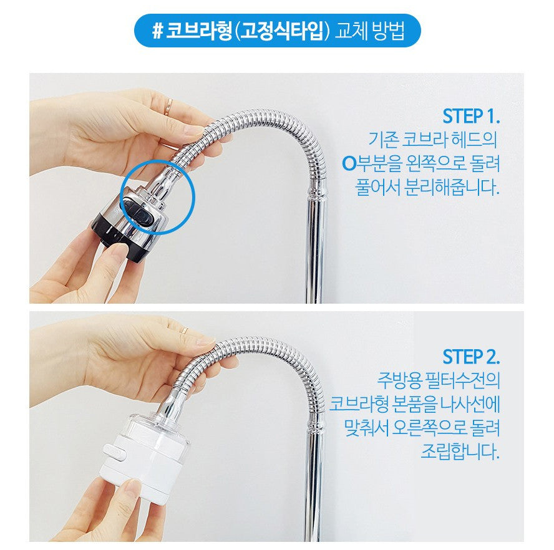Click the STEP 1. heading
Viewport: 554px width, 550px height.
[x=471, y=116]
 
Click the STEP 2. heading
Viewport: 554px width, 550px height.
[x=471, y=357]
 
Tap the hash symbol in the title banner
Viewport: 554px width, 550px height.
[x=157, y=31]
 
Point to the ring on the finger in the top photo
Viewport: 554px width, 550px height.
[x=169, y=107]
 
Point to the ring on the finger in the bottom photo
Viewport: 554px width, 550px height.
[x=185, y=330]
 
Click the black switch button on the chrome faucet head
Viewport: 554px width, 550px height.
[x=137, y=211]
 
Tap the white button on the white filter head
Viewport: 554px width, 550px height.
[x=114, y=453]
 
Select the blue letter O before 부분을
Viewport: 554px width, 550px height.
[x=349, y=163]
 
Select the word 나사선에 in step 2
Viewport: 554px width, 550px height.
[x=470, y=404]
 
